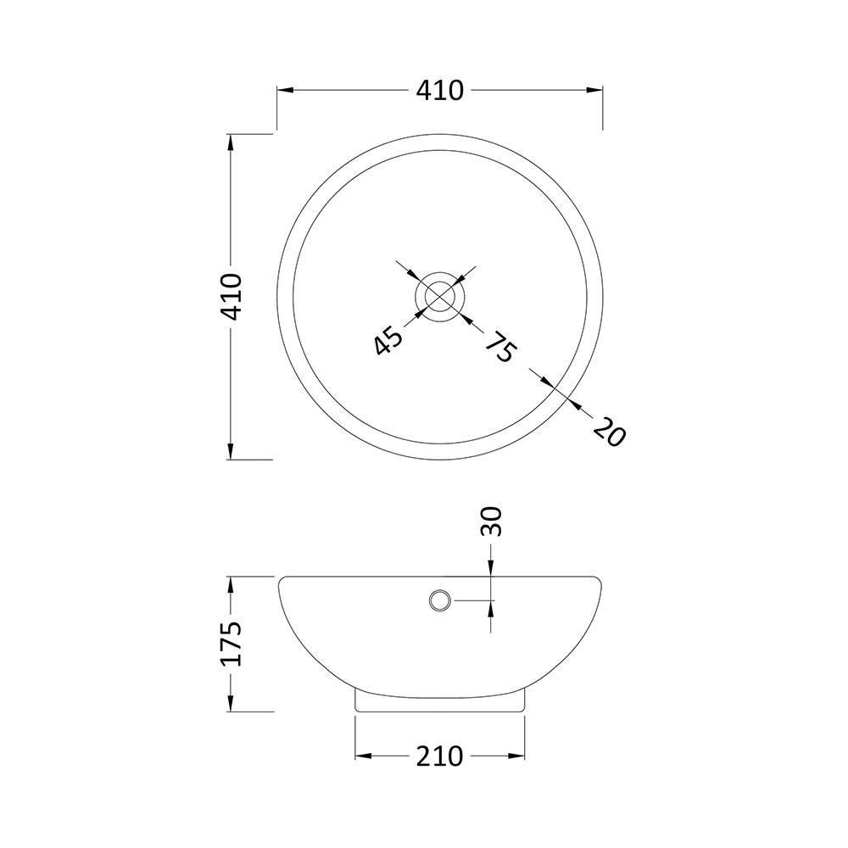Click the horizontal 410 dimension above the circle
pos(440,90)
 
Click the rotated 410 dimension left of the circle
pos(231,296)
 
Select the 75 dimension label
pos(499,347)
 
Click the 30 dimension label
pos(492,521)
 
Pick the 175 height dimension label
pos(231,644)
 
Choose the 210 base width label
pos(440,755)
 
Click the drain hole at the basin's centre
pos(439,296)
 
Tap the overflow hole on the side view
pos(439,600)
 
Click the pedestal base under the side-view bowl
pos(439,700)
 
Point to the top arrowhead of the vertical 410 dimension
pos(231,142)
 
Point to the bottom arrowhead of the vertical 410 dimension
pos(231,451)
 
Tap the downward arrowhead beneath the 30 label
pos(492,571)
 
